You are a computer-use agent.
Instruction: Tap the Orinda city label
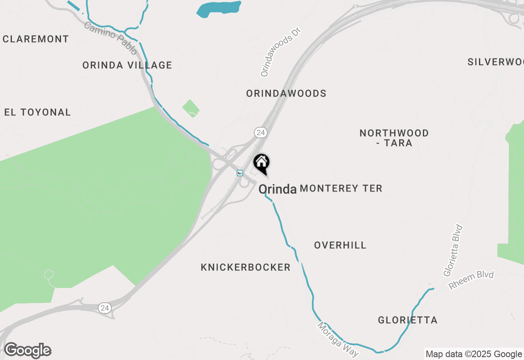277,189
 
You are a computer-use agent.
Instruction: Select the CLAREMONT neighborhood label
36,39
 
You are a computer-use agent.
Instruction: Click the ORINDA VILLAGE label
127,65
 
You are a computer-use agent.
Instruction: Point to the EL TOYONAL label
38,112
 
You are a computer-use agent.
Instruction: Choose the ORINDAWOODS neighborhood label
286,94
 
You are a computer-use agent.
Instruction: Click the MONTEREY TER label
341,189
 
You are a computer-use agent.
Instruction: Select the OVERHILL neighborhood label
340,245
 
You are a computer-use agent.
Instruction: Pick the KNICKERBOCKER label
246,268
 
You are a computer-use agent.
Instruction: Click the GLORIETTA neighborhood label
408,320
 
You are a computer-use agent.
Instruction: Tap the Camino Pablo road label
111,38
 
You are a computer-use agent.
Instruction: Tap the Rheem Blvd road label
471,280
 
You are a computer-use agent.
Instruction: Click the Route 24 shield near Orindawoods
260,133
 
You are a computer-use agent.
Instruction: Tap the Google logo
28,351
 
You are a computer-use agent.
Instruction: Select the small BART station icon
240,173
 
